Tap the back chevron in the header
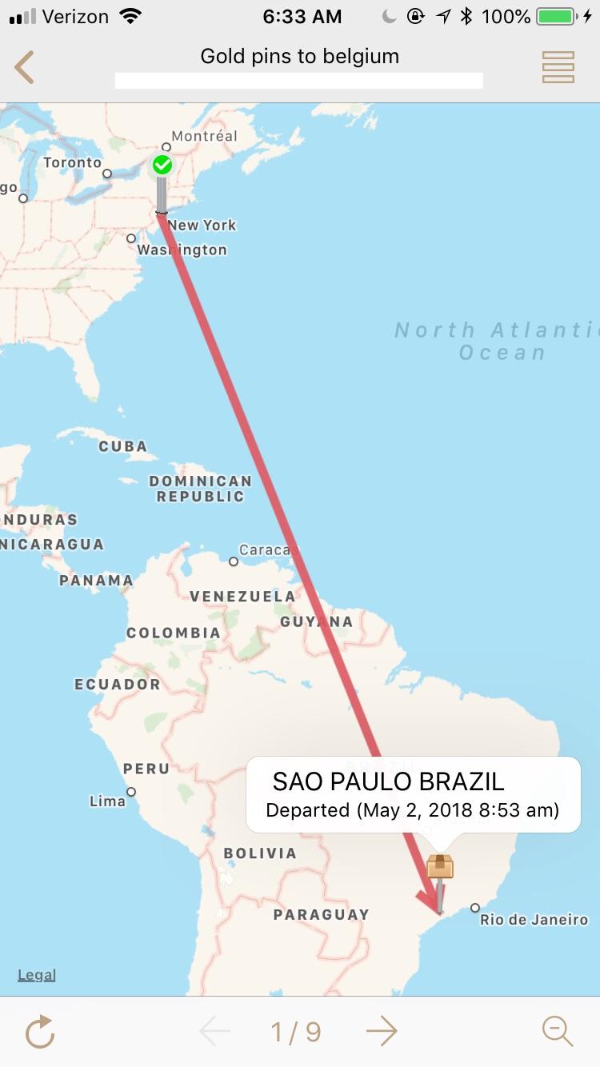25,67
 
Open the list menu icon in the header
558,67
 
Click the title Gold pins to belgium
299,57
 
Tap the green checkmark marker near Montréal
162,166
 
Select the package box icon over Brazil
440,866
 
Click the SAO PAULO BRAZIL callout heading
388,781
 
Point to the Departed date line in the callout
412,809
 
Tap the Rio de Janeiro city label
534,920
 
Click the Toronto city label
72,163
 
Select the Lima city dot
131,792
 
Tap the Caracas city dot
234,561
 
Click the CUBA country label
122,446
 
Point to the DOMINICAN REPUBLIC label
200,489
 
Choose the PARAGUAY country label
321,914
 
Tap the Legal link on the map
37,975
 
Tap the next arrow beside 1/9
382,1032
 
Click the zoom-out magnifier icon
558,1032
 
